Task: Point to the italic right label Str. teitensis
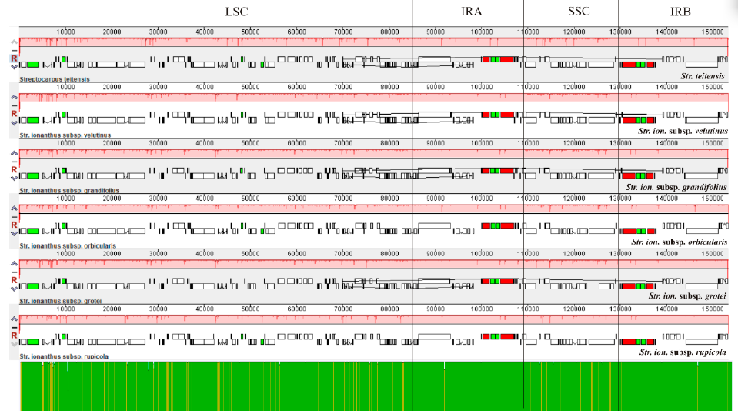703,76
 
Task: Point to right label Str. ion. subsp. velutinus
683,132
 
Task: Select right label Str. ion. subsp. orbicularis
680,242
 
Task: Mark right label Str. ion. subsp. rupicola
683,352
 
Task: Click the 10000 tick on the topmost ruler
65,32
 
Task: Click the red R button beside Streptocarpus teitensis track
14,58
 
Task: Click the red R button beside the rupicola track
14,336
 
